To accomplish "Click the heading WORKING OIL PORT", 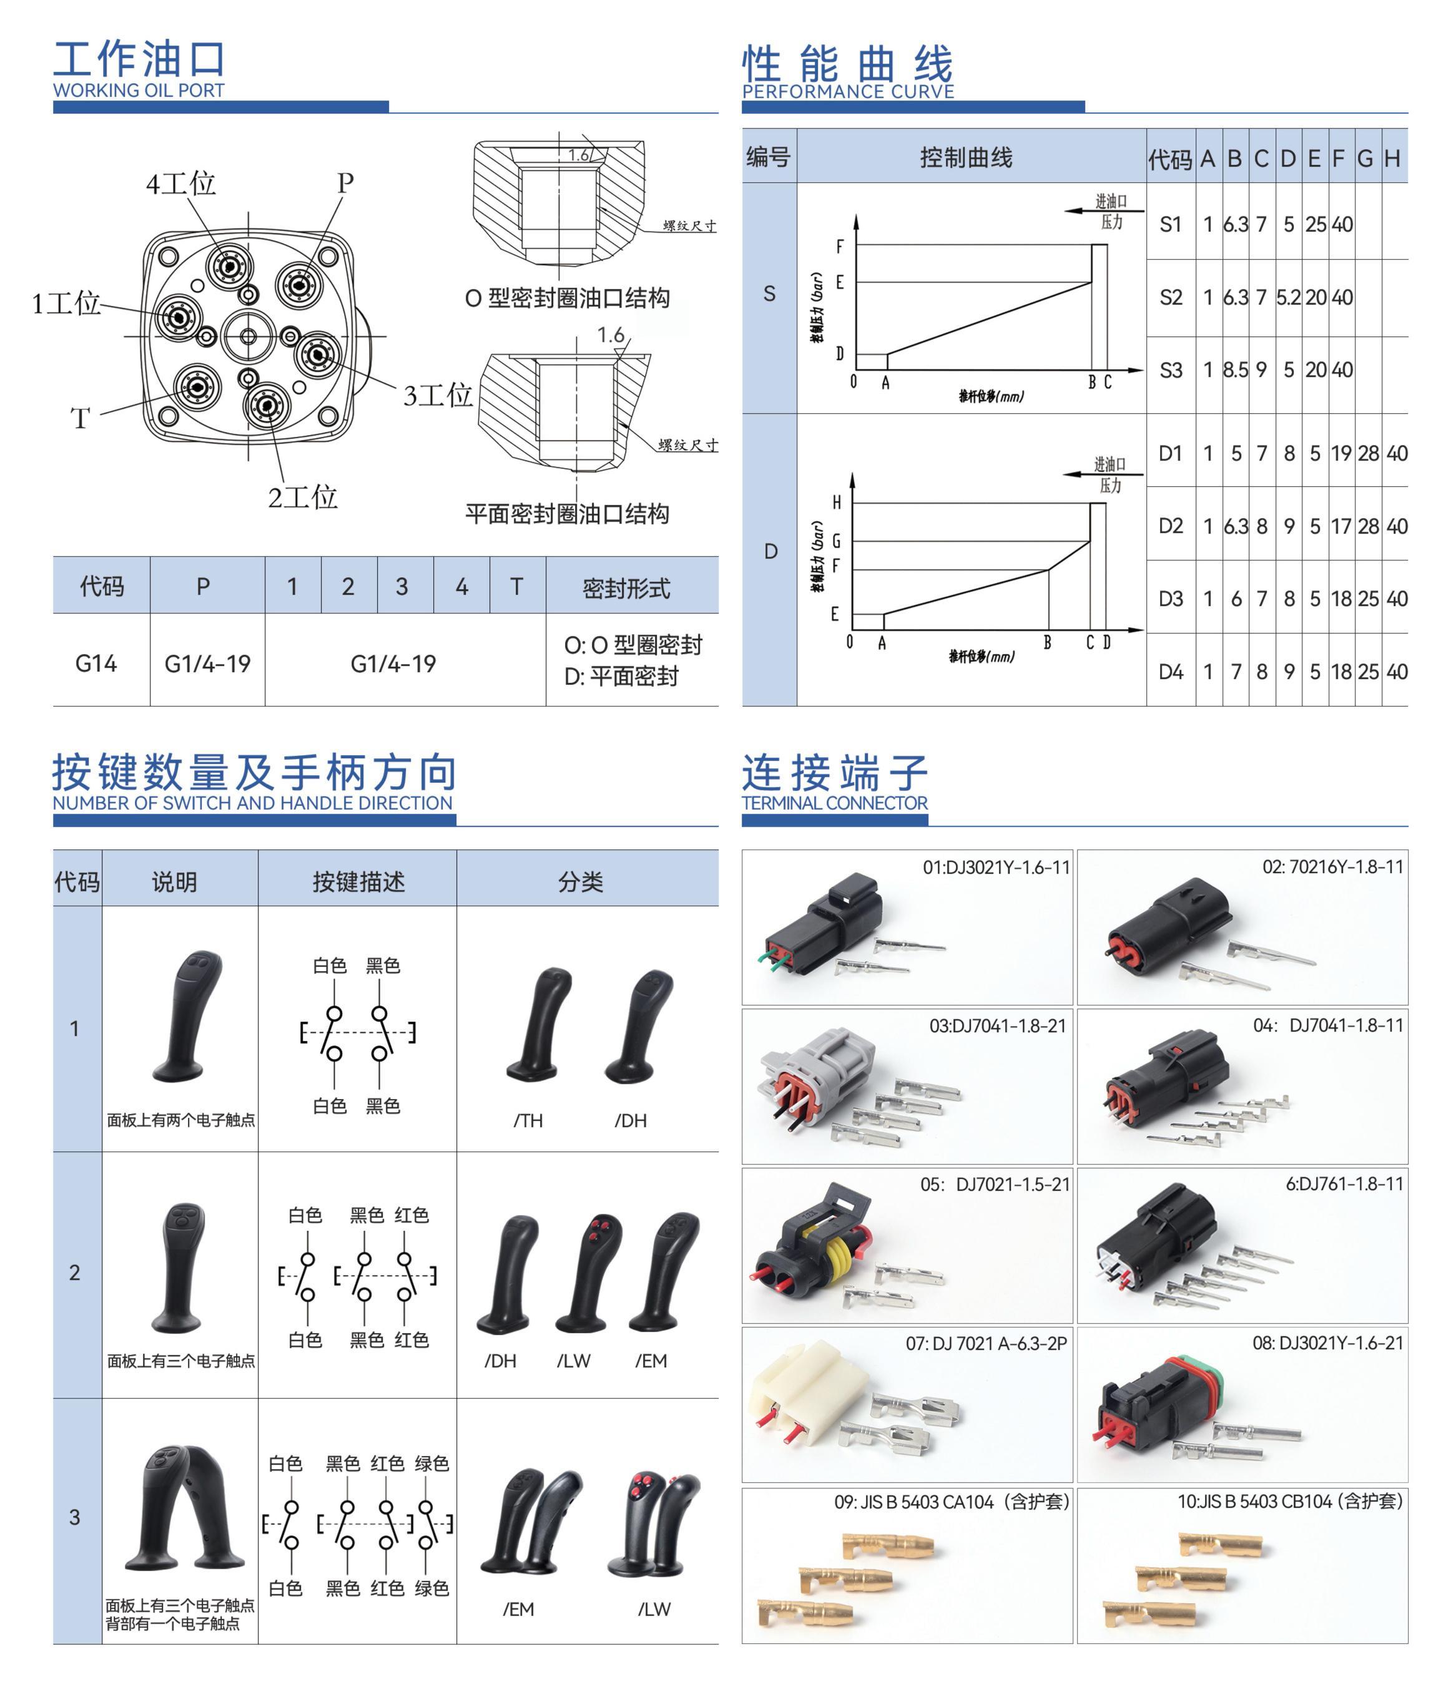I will pyautogui.click(x=139, y=90).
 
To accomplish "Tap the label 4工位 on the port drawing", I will pyautogui.click(x=180, y=183).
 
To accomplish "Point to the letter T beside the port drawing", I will pyautogui.click(x=80, y=419).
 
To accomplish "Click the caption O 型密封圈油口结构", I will pyautogui.click(x=567, y=298).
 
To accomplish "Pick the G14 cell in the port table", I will pyautogui.click(x=96, y=663).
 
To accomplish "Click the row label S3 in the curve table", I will pyautogui.click(x=1170, y=370).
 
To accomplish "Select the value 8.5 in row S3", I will pyautogui.click(x=1235, y=370).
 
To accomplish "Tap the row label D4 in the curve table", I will pyautogui.click(x=1170, y=672).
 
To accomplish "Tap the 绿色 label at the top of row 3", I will pyautogui.click(x=431, y=1464).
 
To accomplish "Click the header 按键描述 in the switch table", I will pyautogui.click(x=358, y=882).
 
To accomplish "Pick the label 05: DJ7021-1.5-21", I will pyautogui.click(x=994, y=1184).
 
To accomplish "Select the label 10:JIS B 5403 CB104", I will pyautogui.click(x=1289, y=1502).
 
